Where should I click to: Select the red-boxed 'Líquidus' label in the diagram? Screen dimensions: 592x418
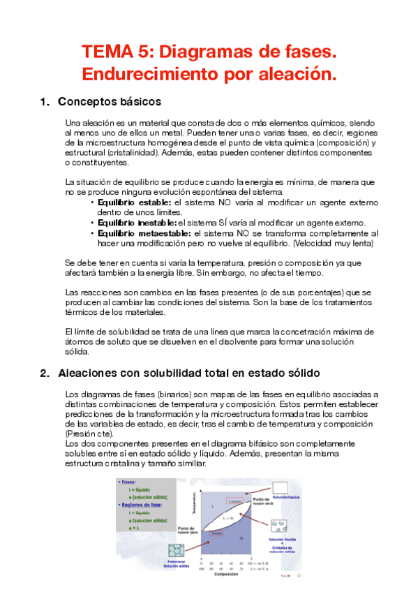point(234,501)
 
